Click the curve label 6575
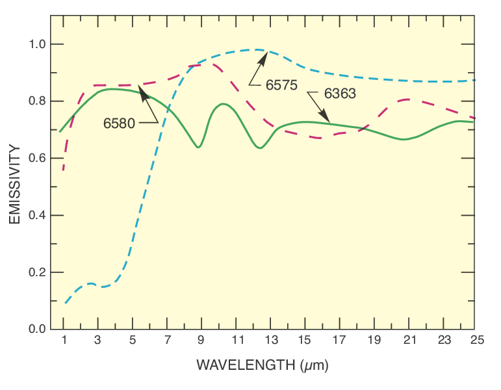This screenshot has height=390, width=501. point(281,84)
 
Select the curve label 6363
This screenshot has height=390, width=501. point(339,94)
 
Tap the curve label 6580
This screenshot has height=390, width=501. point(120,123)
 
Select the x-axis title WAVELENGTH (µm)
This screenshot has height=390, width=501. point(263,365)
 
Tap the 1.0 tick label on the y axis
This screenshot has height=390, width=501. point(36,44)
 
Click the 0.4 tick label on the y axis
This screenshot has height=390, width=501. point(36,215)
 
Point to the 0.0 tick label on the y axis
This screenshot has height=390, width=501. point(36,329)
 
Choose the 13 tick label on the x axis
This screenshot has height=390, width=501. point(270,340)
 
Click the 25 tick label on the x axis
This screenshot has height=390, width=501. point(477,340)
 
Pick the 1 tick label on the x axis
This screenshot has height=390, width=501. point(64,340)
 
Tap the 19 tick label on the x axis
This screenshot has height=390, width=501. point(373,340)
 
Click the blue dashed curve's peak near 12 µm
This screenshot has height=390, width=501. point(257,49)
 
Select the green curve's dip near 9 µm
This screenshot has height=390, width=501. point(198,148)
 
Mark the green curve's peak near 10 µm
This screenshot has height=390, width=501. point(222,103)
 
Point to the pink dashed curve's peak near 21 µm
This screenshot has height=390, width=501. point(405,99)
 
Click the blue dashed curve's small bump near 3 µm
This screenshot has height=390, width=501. point(91,283)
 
